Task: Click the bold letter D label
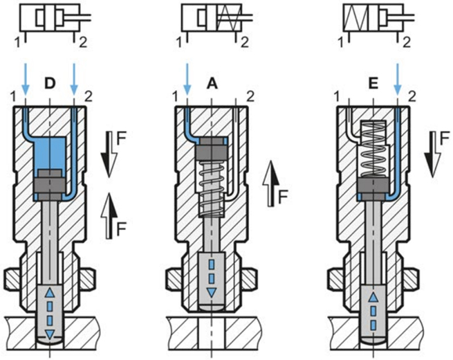pyautogui.click(x=49, y=84)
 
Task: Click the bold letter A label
pyautogui.click(x=211, y=84)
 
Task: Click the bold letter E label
pyautogui.click(x=373, y=84)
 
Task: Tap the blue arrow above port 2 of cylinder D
pyautogui.click(x=74, y=77)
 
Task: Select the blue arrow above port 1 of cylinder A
pyautogui.click(x=187, y=77)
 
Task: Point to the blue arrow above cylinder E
pyautogui.click(x=397, y=77)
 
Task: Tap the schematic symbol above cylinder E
pyautogui.click(x=373, y=21)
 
